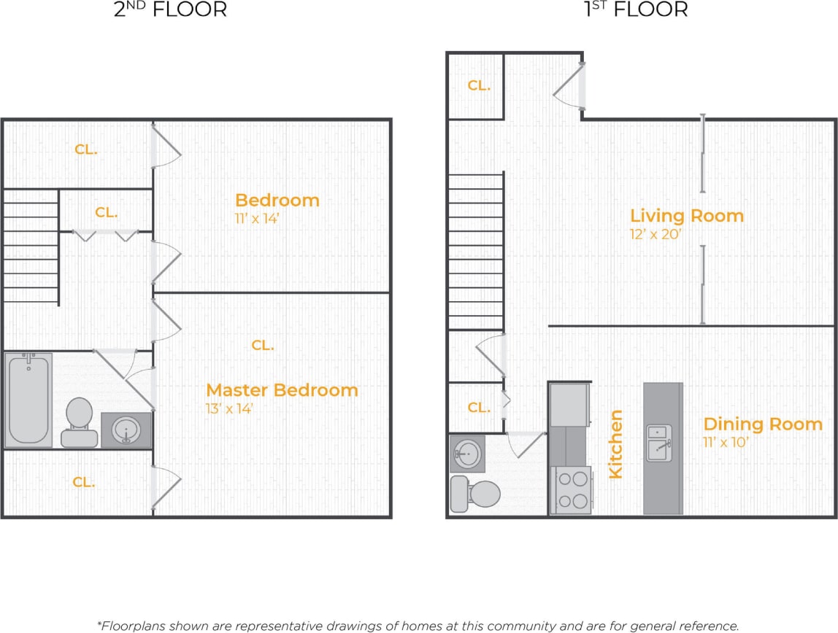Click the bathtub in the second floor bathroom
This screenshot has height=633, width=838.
click(29, 400)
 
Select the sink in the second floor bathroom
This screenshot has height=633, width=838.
click(126, 430)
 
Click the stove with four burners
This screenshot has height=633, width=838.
click(570, 489)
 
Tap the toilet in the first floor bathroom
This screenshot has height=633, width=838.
click(474, 494)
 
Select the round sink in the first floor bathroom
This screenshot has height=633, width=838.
click(467, 454)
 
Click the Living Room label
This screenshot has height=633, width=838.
click(686, 216)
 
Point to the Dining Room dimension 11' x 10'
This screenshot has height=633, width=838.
click(726, 442)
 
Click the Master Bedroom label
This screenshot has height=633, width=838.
click(282, 390)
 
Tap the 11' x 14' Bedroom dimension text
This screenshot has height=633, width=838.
click(257, 218)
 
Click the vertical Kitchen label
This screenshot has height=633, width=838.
click(615, 444)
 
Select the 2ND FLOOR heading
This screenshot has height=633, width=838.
click(170, 9)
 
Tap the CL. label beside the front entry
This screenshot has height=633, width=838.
click(479, 86)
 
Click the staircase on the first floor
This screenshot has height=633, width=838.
click(475, 252)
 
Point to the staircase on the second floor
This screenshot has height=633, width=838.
click(31, 246)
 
